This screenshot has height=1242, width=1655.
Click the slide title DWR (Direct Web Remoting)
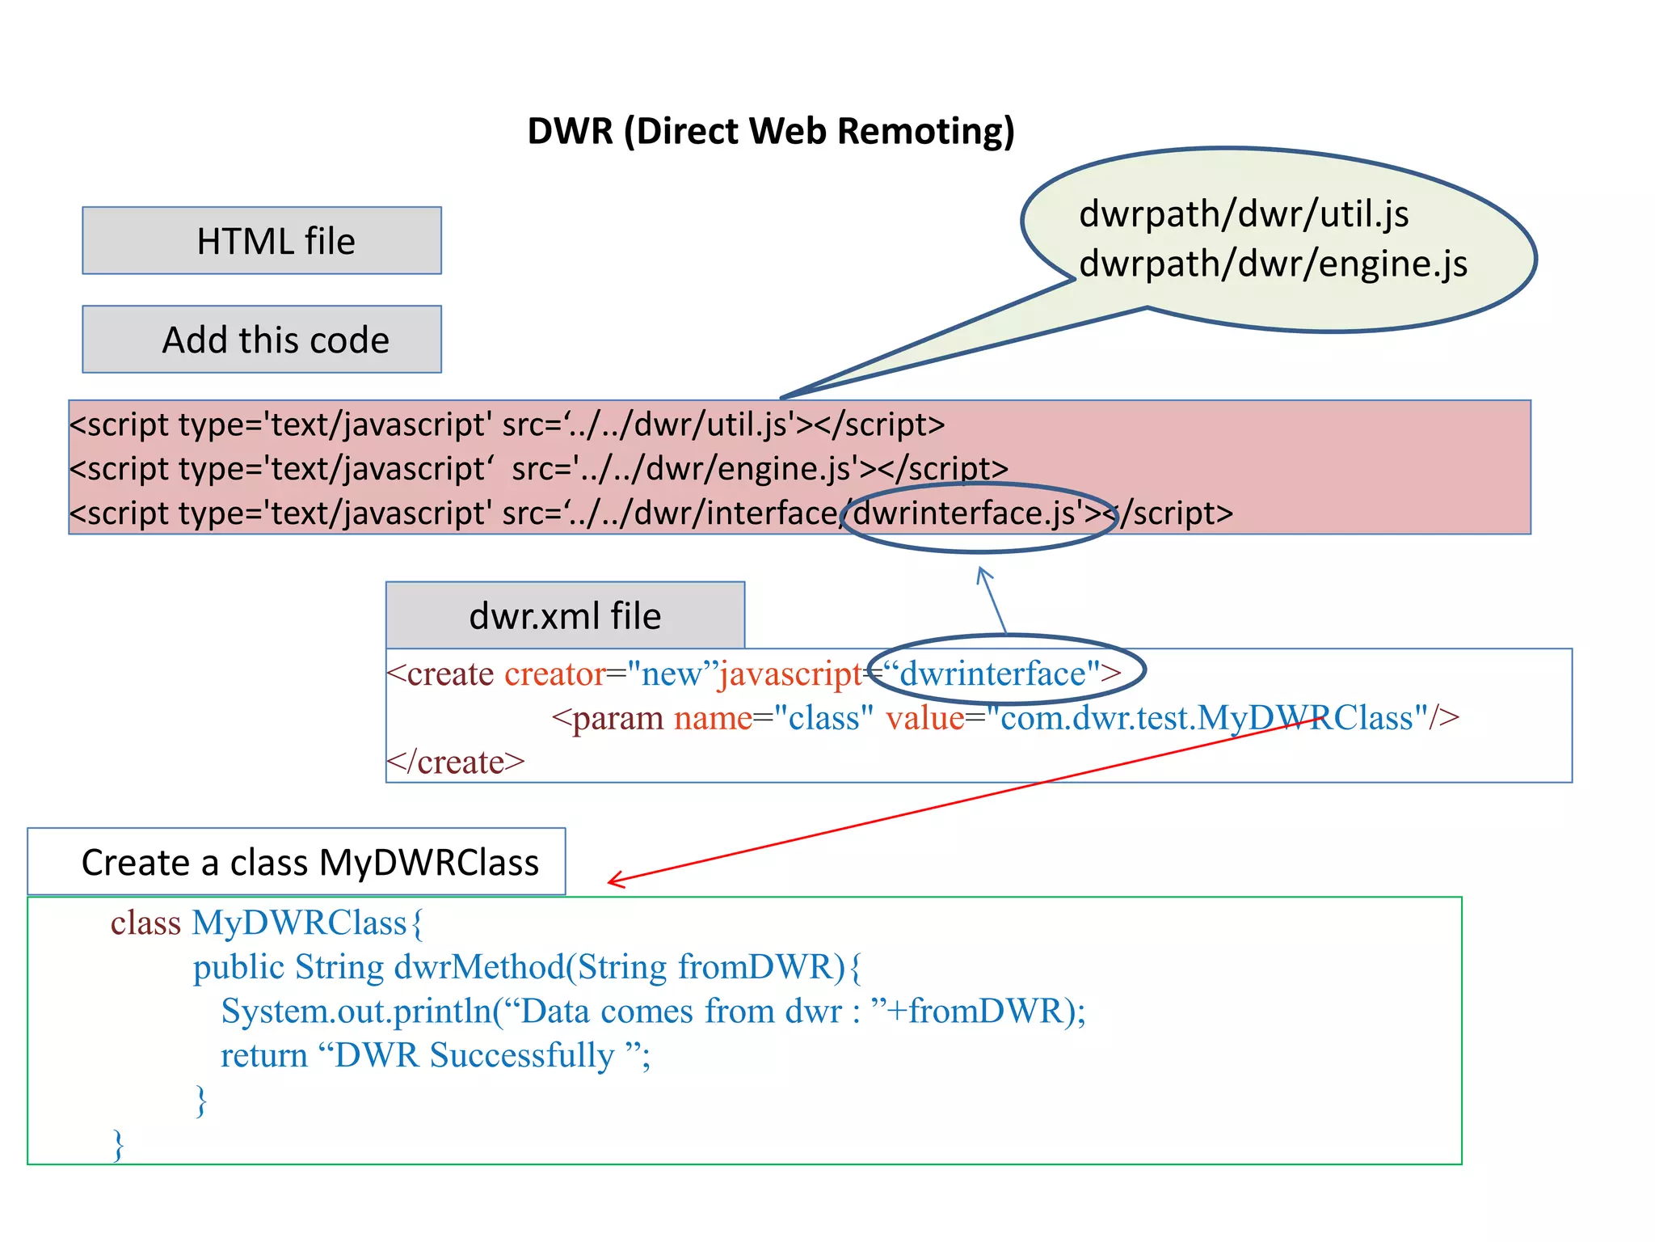(770, 131)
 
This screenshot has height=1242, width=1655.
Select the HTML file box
(262, 241)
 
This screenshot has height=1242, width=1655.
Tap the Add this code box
(262, 340)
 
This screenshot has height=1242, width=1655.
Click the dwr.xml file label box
(565, 615)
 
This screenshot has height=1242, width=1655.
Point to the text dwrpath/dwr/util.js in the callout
(1243, 214)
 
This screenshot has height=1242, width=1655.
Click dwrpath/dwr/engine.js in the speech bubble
(1272, 264)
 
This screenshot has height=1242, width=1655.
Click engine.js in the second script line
(783, 469)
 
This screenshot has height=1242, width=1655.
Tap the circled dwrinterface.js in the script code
(966, 513)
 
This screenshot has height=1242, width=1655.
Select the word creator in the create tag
(554, 674)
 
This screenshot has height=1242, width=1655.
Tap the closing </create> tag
(456, 763)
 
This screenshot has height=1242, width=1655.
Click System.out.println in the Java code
(356, 1012)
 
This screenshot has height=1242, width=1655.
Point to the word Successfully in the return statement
(521, 1055)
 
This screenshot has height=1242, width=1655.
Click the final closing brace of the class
(119, 1145)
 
